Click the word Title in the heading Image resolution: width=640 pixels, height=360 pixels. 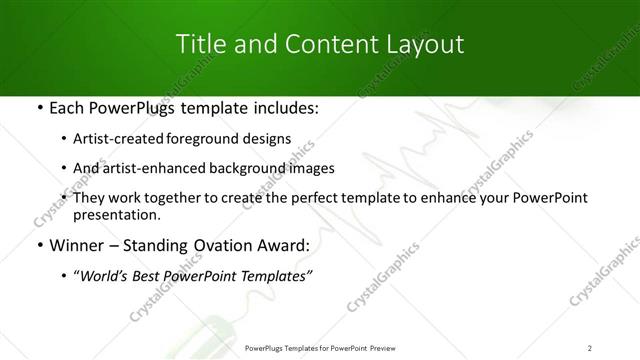click(x=200, y=44)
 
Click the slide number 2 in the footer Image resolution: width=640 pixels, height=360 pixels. click(x=590, y=348)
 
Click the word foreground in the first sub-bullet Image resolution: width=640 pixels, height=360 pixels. click(x=218, y=138)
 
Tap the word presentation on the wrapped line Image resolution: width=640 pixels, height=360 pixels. click(x=117, y=215)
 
